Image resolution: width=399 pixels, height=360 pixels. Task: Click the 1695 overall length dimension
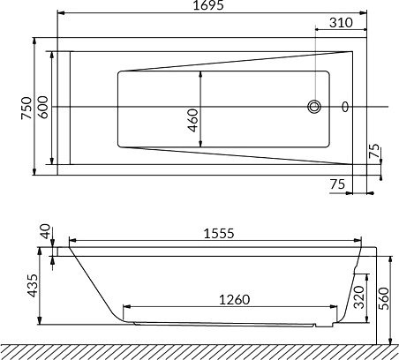pyautogui.click(x=208, y=5)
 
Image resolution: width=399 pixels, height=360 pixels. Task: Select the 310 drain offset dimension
pyautogui.click(x=341, y=23)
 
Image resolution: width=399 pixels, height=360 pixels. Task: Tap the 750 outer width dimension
pyautogui.click(x=26, y=108)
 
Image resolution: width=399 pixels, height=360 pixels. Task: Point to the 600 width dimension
pyautogui.click(x=43, y=107)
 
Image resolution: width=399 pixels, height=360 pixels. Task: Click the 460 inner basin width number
pyautogui.click(x=193, y=120)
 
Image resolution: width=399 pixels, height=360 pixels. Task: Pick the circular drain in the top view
pyautogui.click(x=314, y=107)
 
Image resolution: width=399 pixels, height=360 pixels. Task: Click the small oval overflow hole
pyautogui.click(x=345, y=107)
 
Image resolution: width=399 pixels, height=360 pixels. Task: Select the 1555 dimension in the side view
pyautogui.click(x=219, y=234)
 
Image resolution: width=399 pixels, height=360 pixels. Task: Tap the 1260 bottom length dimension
pyautogui.click(x=235, y=300)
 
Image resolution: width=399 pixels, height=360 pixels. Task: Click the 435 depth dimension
pyautogui.click(x=32, y=286)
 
